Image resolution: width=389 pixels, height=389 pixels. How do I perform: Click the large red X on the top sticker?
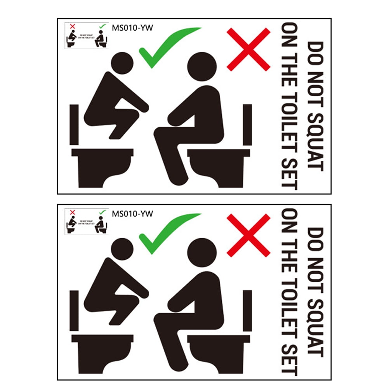tap(248, 49)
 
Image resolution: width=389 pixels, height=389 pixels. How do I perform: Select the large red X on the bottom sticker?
tap(248, 235)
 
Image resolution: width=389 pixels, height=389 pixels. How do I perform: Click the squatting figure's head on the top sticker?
tap(122, 63)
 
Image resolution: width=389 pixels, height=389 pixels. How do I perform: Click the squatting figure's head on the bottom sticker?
tap(122, 248)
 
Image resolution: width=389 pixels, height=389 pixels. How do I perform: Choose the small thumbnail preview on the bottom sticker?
tap(86, 222)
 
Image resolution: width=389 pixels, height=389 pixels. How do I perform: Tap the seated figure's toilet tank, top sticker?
tap(247, 124)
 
